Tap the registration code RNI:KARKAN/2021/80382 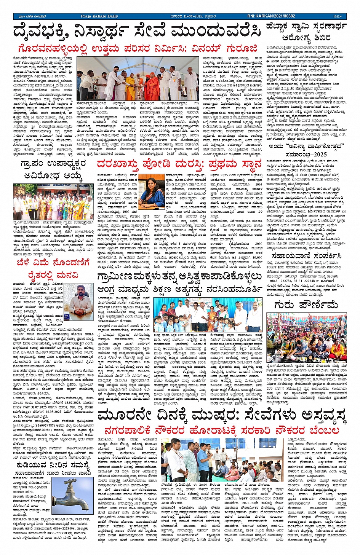tap(271, 16)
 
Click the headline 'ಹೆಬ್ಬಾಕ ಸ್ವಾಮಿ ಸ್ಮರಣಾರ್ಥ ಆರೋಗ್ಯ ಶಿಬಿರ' tap(306, 32)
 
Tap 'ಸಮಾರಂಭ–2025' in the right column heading tap(306, 154)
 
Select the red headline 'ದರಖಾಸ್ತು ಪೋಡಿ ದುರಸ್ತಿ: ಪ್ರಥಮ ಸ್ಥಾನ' tap(179, 164)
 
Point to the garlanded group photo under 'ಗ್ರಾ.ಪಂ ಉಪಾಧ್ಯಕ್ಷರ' tap(53, 201)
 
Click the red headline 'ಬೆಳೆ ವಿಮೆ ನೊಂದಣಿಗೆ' tap(53, 263)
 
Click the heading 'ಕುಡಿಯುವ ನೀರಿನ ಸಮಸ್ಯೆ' tap(53, 465)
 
